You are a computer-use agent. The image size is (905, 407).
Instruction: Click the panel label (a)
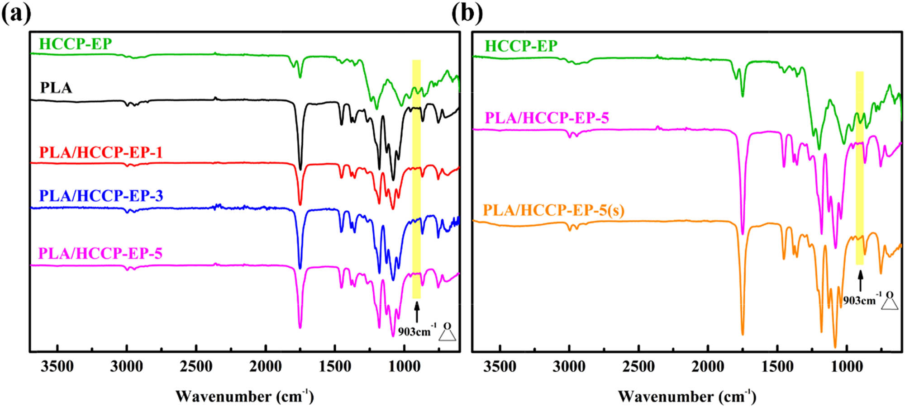click(16, 13)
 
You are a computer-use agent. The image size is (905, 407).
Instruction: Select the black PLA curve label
click(56, 87)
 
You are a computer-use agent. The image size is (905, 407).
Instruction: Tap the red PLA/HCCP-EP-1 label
click(100, 152)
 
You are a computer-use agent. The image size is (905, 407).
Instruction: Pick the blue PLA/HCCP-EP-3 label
click(101, 195)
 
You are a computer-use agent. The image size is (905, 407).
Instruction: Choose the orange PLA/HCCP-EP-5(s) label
click(553, 210)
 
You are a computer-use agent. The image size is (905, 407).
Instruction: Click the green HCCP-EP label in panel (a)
click(75, 44)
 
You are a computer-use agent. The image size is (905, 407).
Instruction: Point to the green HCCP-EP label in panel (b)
click(521, 46)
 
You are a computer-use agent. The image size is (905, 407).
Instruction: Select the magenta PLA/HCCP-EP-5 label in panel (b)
click(547, 118)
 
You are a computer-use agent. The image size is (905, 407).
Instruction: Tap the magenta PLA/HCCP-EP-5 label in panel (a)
click(100, 253)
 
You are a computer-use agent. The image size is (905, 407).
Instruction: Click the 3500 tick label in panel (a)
click(57, 367)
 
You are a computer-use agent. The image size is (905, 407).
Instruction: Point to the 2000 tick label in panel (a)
click(266, 367)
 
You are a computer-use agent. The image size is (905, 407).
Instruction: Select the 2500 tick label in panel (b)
click(638, 367)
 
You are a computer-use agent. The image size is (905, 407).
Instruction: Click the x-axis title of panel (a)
click(244, 396)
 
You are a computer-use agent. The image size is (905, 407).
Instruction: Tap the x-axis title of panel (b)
click(687, 396)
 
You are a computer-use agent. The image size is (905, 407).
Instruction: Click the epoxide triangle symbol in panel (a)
click(447, 334)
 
